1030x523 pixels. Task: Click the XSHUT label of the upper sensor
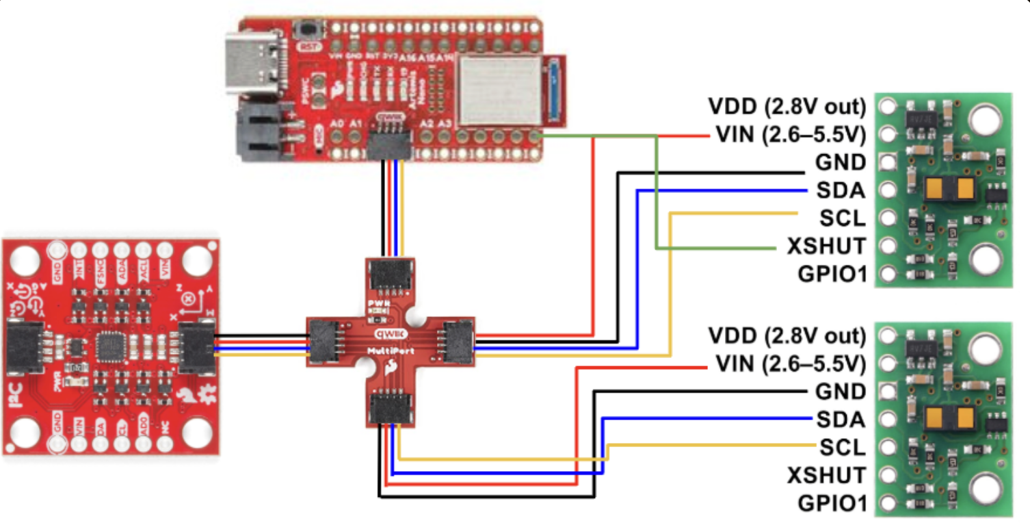tap(826, 246)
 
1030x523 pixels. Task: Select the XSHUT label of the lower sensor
tap(826, 475)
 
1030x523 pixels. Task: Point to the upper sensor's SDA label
tap(840, 190)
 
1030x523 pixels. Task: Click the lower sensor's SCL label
tap(842, 448)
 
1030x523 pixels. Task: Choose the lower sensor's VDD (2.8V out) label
tap(787, 336)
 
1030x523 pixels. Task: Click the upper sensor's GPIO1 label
tap(831, 274)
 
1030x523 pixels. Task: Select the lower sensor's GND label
tap(840, 392)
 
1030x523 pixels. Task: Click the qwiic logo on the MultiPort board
tap(391, 335)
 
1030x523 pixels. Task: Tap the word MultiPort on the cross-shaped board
tap(391, 350)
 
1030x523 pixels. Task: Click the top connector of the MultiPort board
tap(391, 276)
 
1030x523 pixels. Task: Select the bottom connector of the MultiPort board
tap(391, 409)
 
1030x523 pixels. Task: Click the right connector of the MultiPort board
tap(458, 340)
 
